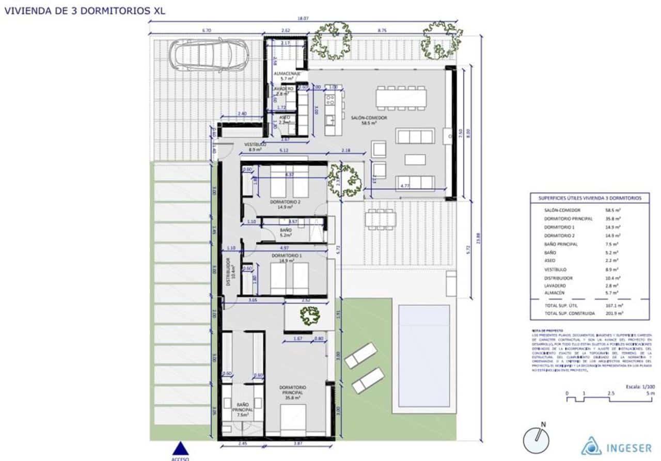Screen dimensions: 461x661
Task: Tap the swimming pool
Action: click(x=424, y=356)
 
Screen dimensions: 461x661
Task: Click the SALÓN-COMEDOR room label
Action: click(x=369, y=118)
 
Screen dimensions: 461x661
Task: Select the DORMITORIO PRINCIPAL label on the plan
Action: click(x=293, y=391)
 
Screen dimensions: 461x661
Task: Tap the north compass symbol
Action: click(x=536, y=440)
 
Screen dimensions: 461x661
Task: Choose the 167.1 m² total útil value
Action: click(x=613, y=305)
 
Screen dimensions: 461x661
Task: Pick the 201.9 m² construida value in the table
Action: click(x=613, y=313)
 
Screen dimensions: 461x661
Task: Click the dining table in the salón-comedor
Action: click(x=401, y=97)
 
